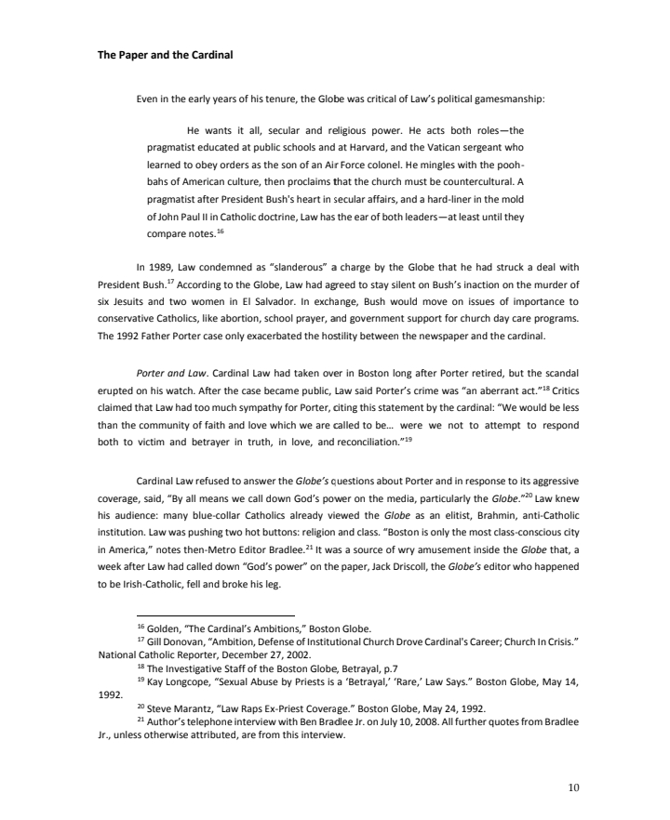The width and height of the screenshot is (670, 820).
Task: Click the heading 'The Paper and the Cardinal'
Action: pos(165,55)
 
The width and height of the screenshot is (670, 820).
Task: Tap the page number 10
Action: pos(573,787)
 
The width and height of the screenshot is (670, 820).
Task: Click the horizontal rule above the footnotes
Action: pos(215,615)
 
